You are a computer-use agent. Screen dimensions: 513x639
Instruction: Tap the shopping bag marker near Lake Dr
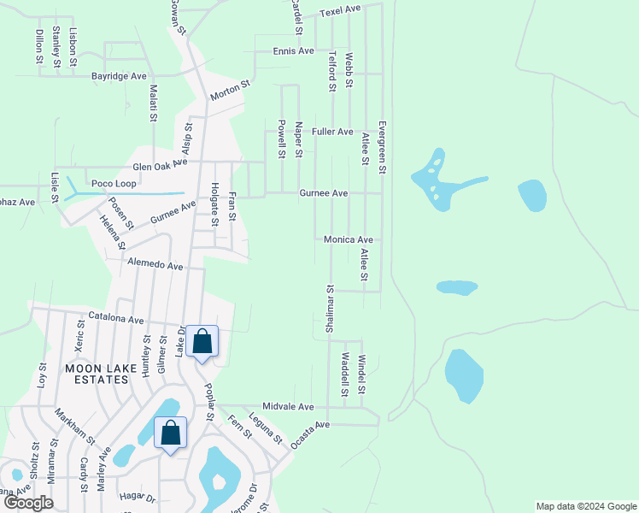[x=202, y=343]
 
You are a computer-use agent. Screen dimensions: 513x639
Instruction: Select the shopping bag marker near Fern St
[x=171, y=433]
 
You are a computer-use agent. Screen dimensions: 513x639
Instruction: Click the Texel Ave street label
[x=340, y=11]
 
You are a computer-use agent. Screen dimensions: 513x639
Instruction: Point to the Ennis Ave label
[x=294, y=51]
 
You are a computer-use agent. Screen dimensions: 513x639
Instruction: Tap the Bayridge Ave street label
[x=120, y=76]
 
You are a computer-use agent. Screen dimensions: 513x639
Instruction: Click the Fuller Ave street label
[x=332, y=132]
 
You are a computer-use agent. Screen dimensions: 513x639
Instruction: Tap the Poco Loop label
[x=114, y=184]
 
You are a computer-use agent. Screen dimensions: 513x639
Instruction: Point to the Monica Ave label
[x=349, y=240]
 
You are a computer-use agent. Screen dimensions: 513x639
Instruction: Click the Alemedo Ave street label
[x=155, y=266]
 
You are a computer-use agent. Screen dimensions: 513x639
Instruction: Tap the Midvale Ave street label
[x=289, y=407]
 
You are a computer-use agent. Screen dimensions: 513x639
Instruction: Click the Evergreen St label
[x=382, y=147]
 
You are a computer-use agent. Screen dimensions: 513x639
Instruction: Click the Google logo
[x=28, y=503]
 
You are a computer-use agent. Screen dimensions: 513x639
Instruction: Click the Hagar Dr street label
[x=138, y=497]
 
